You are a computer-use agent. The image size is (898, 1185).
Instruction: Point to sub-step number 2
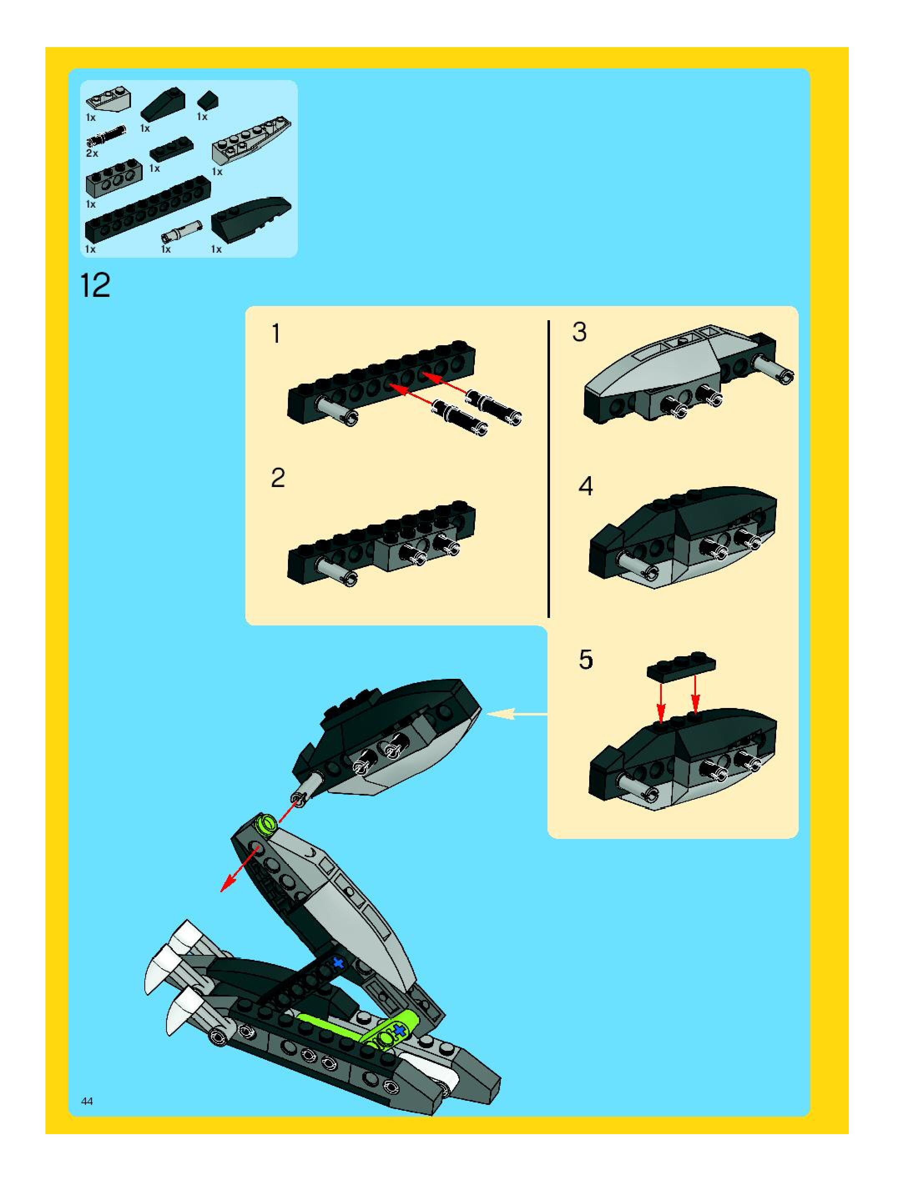pyautogui.click(x=278, y=478)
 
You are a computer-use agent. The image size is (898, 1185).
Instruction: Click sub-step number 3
pyautogui.click(x=580, y=332)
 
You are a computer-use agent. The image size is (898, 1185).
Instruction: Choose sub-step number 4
pyautogui.click(x=585, y=486)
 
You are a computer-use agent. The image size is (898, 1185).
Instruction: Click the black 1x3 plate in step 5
pyautogui.click(x=681, y=666)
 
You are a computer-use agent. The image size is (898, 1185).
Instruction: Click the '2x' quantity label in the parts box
pyautogui.click(x=92, y=153)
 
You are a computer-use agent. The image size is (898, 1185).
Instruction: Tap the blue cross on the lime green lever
pyautogui.click(x=399, y=1030)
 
